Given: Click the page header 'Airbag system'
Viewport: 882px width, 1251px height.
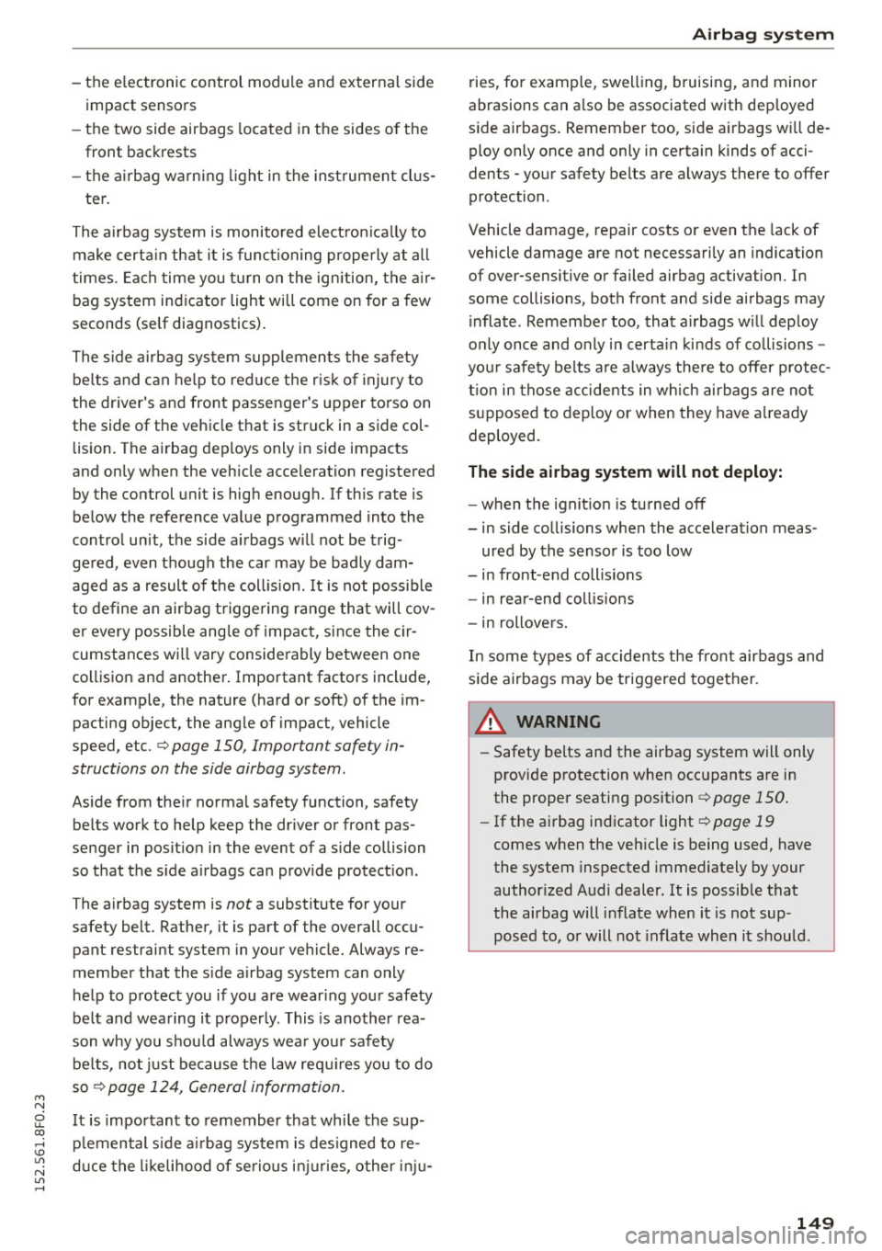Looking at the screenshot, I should [x=751, y=34].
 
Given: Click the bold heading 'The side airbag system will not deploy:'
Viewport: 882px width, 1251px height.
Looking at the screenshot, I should [x=625, y=472].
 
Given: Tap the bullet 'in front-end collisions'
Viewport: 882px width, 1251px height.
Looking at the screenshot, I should [x=561, y=574].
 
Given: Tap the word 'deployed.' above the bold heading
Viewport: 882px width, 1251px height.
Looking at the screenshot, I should [x=503, y=435].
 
